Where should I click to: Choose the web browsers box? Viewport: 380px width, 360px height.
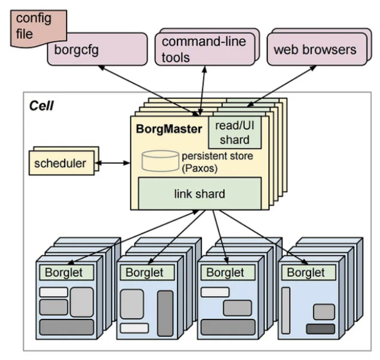click(314, 49)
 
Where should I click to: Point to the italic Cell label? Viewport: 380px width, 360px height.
click(41, 106)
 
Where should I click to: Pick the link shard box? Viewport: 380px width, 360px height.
click(199, 194)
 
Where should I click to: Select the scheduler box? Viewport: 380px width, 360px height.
click(60, 163)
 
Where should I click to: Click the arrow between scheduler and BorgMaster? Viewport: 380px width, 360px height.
click(113, 163)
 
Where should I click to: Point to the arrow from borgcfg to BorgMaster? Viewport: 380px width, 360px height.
click(148, 90)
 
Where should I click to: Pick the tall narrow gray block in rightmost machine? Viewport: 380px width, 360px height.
click(286, 310)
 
